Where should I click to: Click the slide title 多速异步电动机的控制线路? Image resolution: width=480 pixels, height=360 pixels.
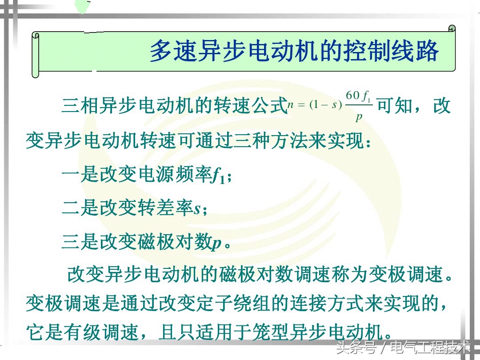(x=294, y=52)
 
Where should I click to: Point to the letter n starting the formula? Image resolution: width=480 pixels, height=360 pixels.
(x=291, y=105)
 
